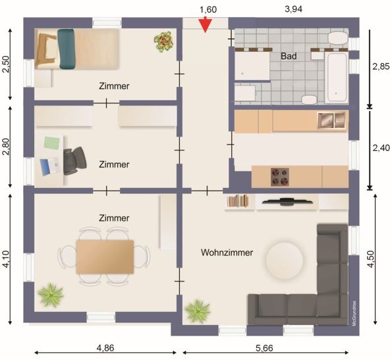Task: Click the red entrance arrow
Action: [x=206, y=25]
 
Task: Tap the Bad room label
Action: [x=289, y=56]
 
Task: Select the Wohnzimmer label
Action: [x=227, y=253]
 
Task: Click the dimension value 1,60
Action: [x=208, y=9]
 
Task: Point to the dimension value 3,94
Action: [x=293, y=9]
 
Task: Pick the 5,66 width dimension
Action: [x=264, y=348]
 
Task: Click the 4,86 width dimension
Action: [x=105, y=347]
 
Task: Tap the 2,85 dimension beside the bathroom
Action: [x=381, y=67]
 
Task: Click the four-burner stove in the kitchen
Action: [x=280, y=177]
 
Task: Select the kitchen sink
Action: [x=332, y=120]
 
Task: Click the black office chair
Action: [x=74, y=160]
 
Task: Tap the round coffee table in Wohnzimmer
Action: [x=285, y=260]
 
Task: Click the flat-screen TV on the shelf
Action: [x=287, y=201]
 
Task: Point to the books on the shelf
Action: [x=237, y=201]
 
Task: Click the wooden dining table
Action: [x=105, y=256]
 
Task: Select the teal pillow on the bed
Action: [x=67, y=49]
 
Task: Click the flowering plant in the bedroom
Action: [x=164, y=42]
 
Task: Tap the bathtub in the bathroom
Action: [x=337, y=77]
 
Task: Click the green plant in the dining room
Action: [x=51, y=295]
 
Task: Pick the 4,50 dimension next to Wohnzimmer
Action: [x=372, y=258]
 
